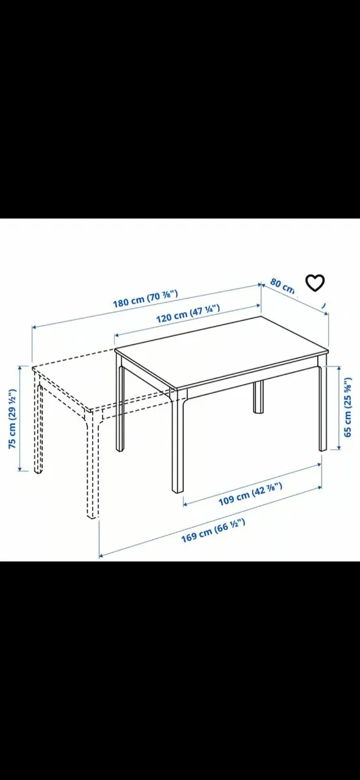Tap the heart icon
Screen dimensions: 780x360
pyautogui.click(x=315, y=283)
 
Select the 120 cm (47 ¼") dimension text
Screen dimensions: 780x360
pyautogui.click(x=188, y=315)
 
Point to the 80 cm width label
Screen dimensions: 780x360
pyautogui.click(x=283, y=285)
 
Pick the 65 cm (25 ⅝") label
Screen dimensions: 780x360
pyautogui.click(x=348, y=407)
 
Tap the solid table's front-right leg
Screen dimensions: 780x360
pyautogui.click(x=322, y=409)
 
